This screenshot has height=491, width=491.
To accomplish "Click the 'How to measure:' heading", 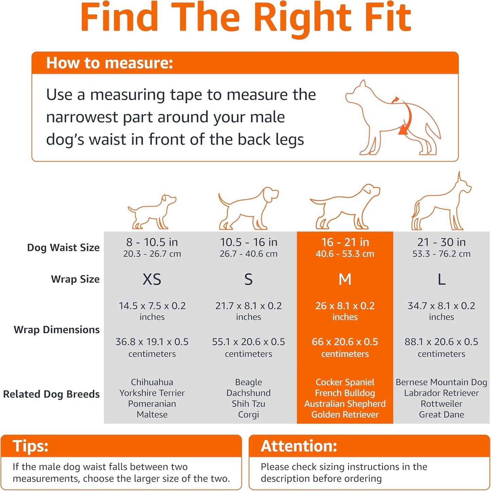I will (x=109, y=63).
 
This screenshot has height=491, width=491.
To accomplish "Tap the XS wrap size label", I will (x=152, y=280).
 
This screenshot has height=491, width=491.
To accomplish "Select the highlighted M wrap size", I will (x=345, y=280).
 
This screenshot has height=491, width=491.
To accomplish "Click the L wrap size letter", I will (x=441, y=280).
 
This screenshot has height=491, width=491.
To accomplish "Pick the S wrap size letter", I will (x=248, y=280).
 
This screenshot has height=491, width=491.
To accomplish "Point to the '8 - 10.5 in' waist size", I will (x=152, y=242).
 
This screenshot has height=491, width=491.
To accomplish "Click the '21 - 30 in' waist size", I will (x=441, y=242).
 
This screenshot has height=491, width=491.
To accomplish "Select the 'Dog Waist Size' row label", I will (x=63, y=248).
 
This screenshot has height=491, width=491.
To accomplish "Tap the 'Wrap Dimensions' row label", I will (x=57, y=329).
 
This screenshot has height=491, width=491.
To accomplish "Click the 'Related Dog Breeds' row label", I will (x=51, y=394).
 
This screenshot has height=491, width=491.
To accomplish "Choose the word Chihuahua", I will (x=152, y=382).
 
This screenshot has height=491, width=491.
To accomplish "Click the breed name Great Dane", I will (x=441, y=414).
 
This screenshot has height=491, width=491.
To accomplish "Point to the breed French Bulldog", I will (x=345, y=393).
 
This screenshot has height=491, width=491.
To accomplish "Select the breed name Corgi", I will (x=248, y=414).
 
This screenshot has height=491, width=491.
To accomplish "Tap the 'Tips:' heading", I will (x=31, y=446).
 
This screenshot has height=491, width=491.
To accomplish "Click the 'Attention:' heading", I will (x=299, y=446).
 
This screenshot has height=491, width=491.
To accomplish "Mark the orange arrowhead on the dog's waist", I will (x=403, y=130).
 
